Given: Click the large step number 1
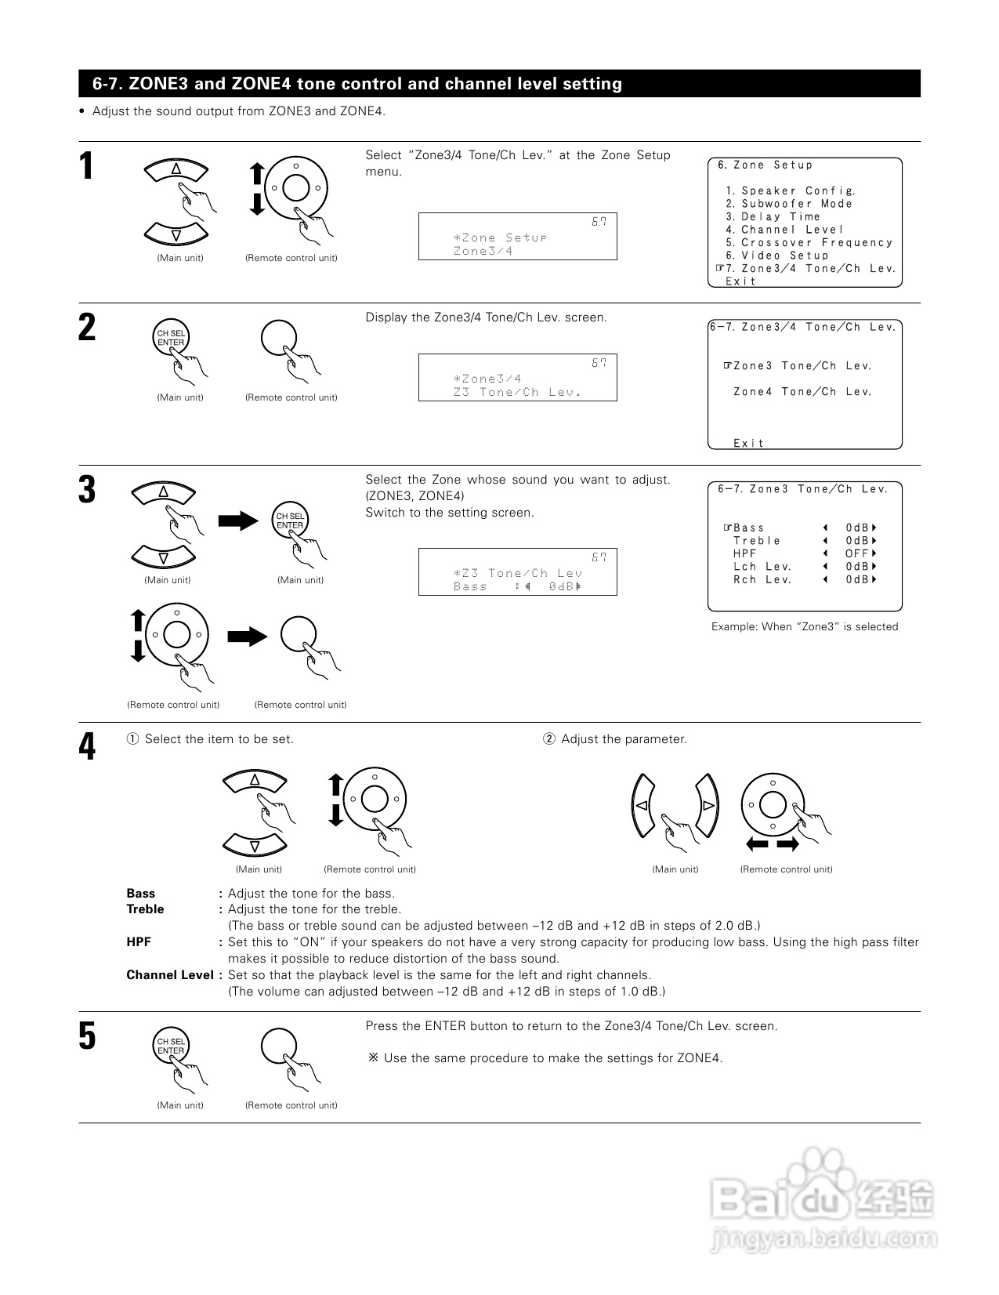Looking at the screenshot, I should [x=87, y=166].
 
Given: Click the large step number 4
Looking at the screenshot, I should [x=87, y=746].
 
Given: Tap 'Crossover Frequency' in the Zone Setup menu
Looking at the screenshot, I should [x=816, y=243].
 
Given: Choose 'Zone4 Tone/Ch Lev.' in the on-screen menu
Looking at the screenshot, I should [x=802, y=392].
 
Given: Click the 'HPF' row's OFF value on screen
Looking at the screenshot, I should [x=856, y=553].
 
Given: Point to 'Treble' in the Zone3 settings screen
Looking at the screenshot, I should [x=757, y=541].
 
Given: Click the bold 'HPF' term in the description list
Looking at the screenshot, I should [x=139, y=941].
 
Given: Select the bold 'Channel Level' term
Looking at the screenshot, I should [x=169, y=975].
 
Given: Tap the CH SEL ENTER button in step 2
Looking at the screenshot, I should [x=170, y=338].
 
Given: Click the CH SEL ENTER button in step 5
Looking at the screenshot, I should [x=170, y=1046].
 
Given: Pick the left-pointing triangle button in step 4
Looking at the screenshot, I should [x=642, y=805].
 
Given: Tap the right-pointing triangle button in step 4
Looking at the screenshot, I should [x=707, y=805].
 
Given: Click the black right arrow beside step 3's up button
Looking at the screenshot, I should [x=238, y=521].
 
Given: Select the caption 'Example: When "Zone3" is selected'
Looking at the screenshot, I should [x=805, y=626].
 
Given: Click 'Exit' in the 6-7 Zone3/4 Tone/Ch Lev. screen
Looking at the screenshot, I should [x=748, y=444].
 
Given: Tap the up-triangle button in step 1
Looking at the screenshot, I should [x=176, y=169].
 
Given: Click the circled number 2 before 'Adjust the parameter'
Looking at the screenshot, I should [x=549, y=739].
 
